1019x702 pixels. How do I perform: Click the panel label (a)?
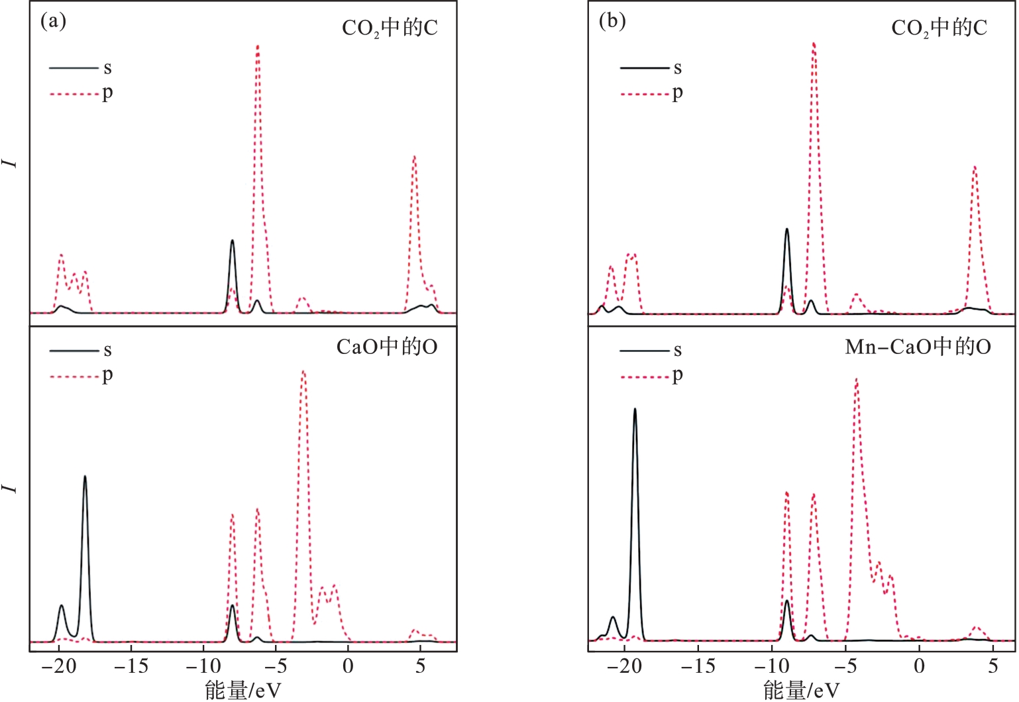(x=54, y=21)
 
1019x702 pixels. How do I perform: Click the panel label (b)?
(x=612, y=21)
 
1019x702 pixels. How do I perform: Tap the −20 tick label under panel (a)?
(x=58, y=666)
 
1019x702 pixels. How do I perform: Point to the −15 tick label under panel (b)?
(x=697, y=666)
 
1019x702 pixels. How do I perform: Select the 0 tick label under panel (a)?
(x=348, y=666)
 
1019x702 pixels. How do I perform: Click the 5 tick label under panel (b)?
(x=992, y=666)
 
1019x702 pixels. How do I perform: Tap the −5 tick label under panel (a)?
(x=276, y=666)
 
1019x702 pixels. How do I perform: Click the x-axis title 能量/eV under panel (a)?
(x=243, y=690)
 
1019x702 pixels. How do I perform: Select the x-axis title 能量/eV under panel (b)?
(x=801, y=690)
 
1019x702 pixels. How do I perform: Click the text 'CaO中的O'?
(x=387, y=347)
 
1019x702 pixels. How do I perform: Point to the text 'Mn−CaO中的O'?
(x=918, y=347)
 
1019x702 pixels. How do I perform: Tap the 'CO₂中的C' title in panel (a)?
(x=390, y=28)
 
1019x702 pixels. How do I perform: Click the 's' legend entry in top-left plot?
(x=107, y=68)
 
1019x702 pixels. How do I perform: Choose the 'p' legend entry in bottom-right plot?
(x=677, y=376)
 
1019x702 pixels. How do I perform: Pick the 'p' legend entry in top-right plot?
(x=677, y=93)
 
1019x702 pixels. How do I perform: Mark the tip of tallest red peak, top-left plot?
(x=258, y=46)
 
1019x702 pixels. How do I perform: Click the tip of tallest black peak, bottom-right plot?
(x=635, y=409)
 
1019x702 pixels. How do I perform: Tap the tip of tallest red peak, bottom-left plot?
(x=303, y=371)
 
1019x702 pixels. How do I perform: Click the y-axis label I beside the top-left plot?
(x=11, y=162)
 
